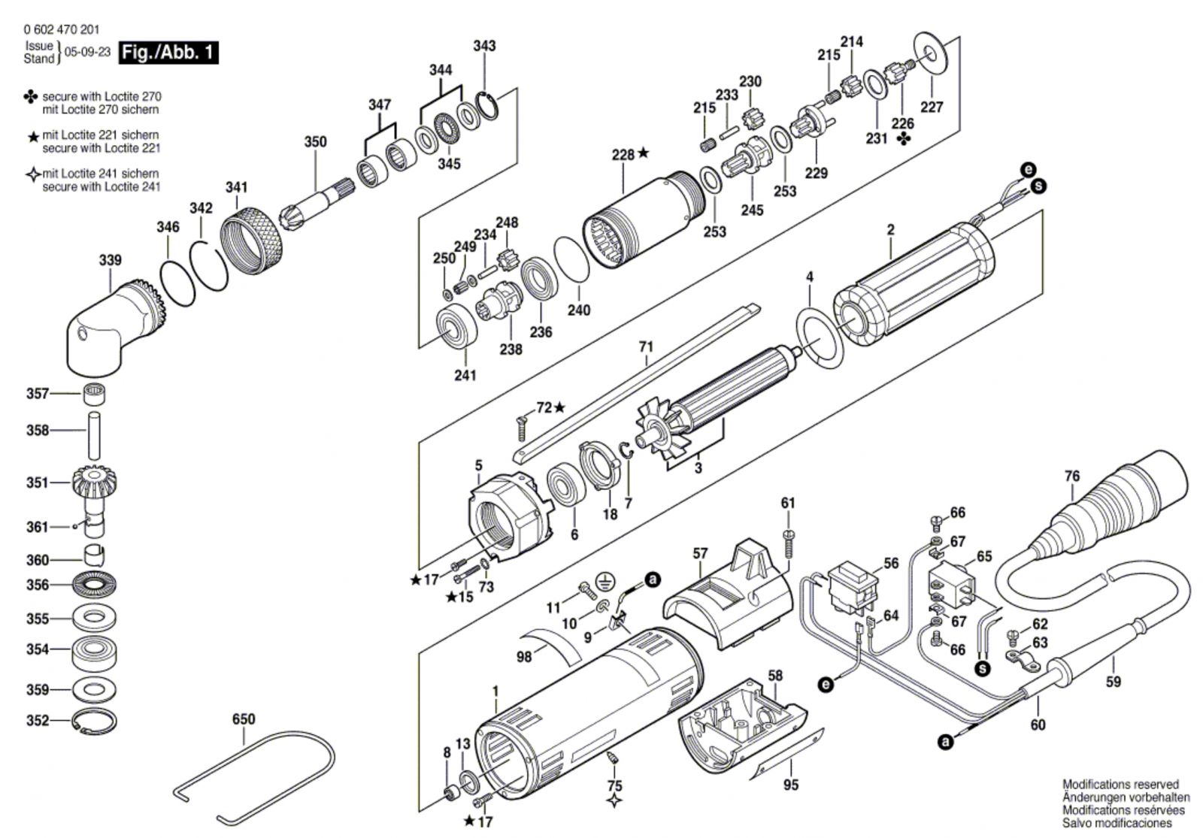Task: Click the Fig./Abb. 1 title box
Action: [168, 53]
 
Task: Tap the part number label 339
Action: [110, 260]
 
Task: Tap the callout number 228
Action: [623, 155]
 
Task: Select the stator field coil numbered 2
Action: [913, 285]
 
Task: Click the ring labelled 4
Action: [820, 337]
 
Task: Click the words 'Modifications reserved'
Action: [1120, 785]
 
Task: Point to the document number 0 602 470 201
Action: [53, 29]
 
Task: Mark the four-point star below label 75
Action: [614, 801]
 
